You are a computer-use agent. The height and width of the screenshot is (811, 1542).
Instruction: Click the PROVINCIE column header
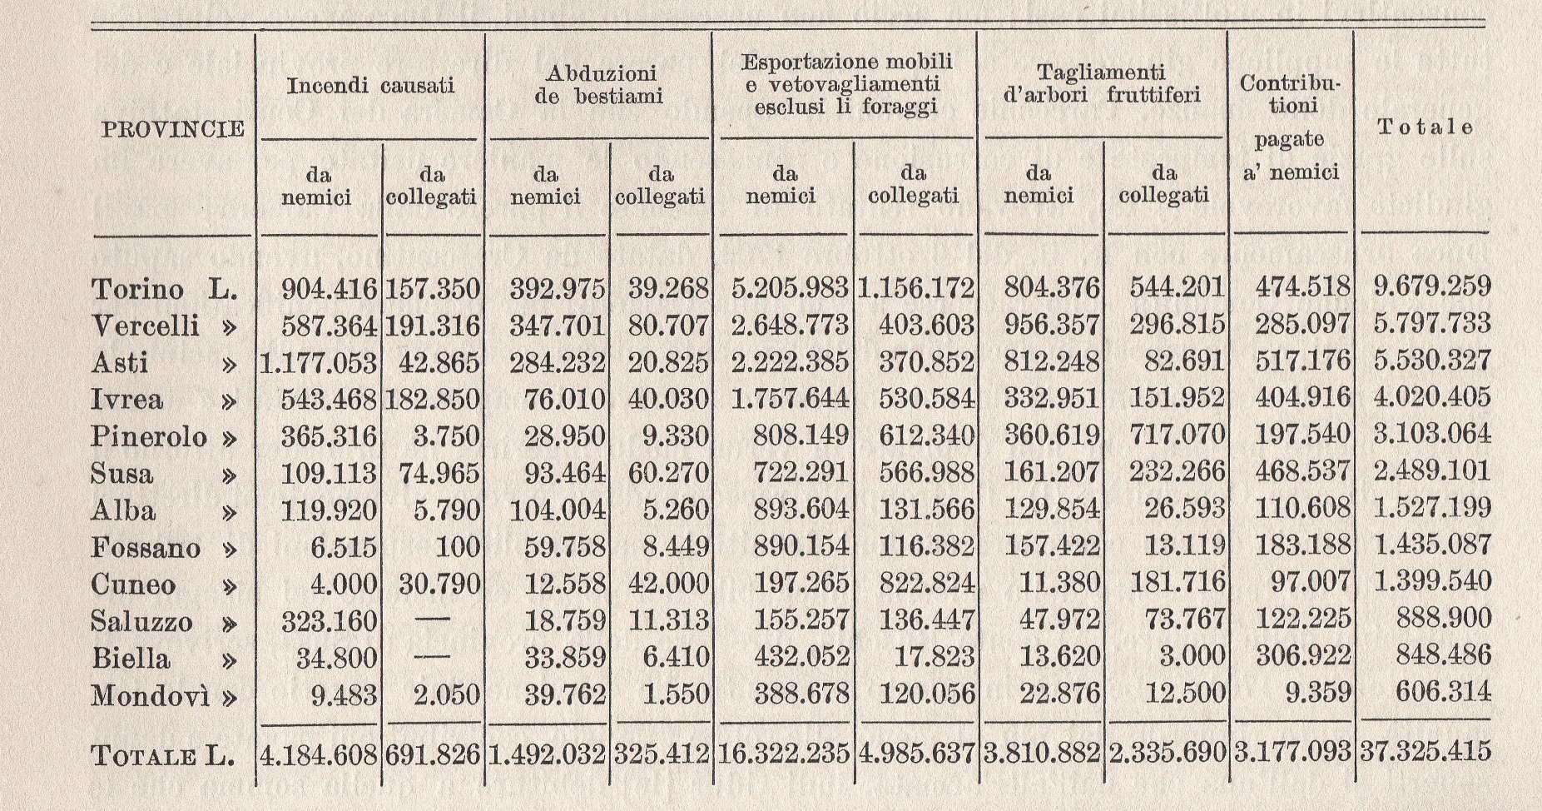tap(173, 129)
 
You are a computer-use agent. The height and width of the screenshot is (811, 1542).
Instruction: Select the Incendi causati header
tap(370, 86)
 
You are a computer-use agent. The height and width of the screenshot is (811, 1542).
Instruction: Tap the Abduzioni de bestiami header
tap(598, 85)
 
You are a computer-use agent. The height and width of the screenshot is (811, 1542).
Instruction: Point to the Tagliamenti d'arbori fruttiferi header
tap(1102, 83)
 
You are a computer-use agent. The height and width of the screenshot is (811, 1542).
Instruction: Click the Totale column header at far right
tap(1425, 127)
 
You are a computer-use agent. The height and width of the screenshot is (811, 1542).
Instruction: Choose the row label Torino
tap(137, 289)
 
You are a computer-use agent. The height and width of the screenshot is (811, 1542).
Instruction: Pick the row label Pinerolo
tap(148, 435)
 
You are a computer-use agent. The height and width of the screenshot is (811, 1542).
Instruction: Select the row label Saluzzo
tap(141, 621)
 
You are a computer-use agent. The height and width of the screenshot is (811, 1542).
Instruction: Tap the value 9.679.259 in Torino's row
tap(1431, 287)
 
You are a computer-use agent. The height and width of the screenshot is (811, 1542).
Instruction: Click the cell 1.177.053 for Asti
tap(318, 361)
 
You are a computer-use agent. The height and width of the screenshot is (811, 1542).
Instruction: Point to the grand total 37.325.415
tap(1425, 752)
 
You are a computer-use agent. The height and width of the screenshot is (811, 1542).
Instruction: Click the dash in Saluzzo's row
tap(432, 620)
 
